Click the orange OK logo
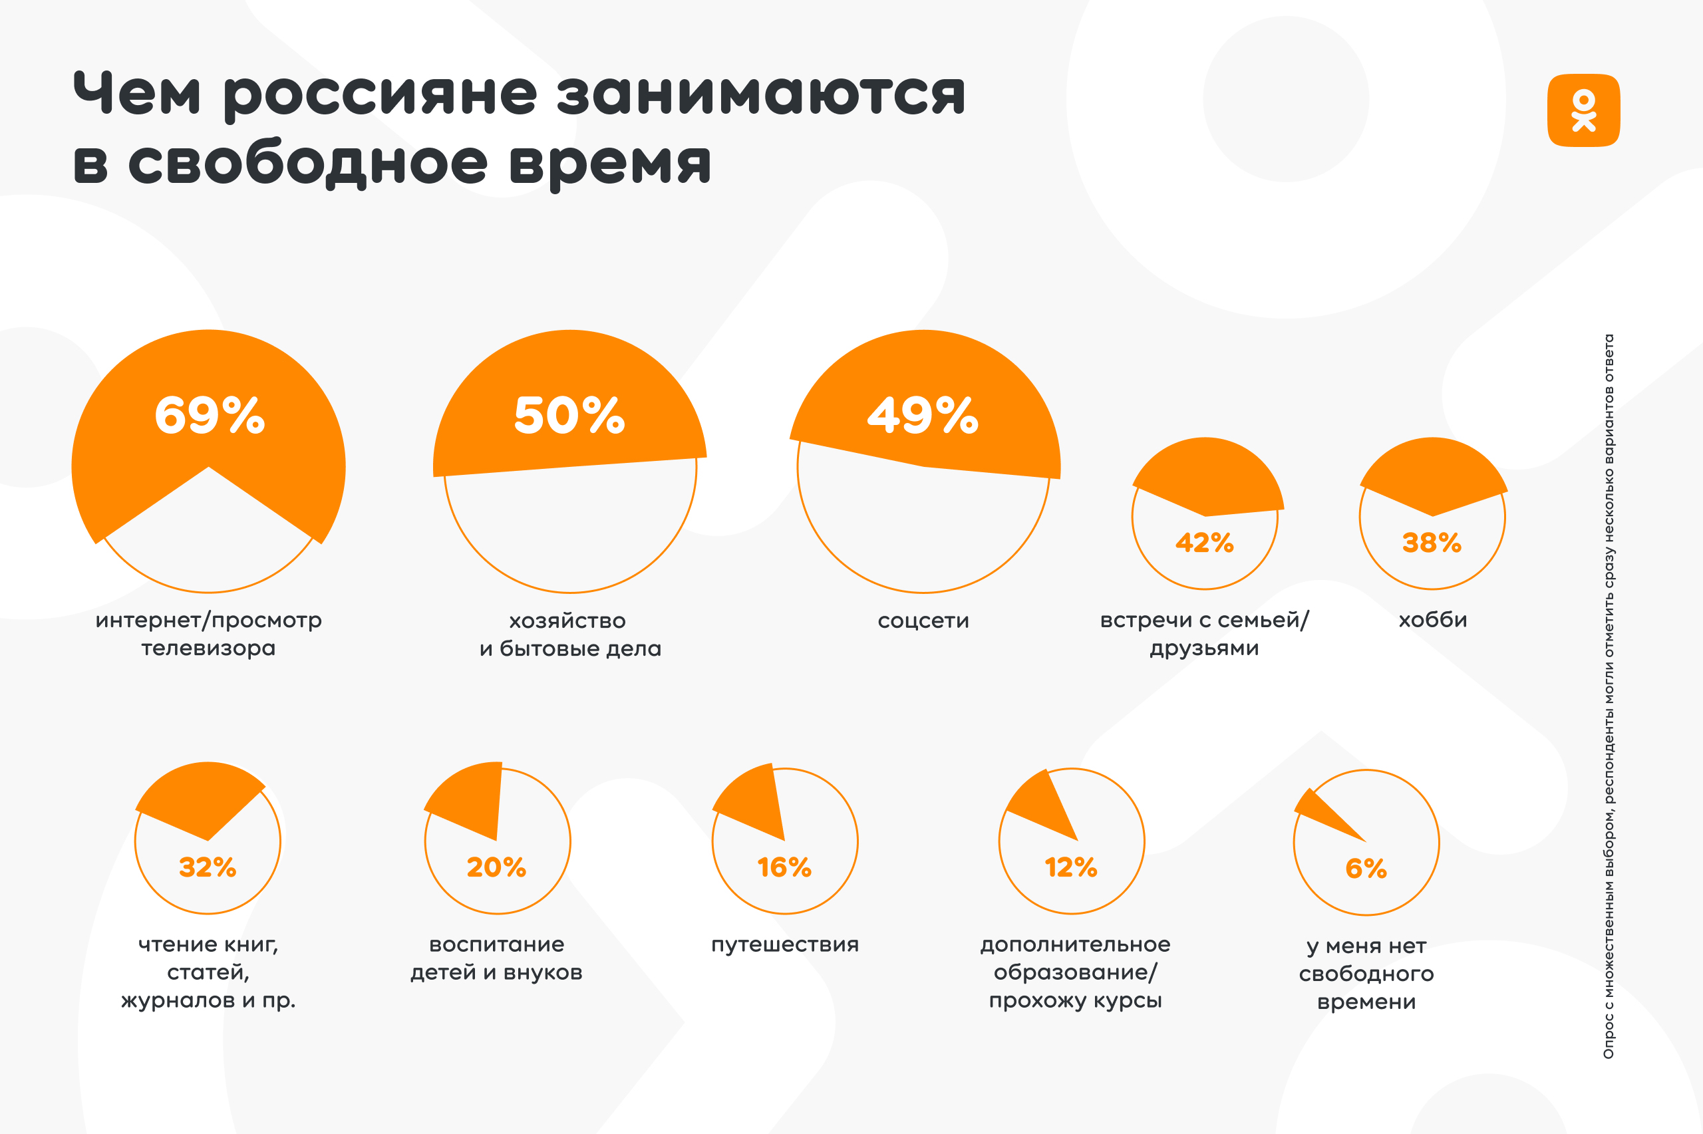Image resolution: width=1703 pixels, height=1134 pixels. click(x=1583, y=110)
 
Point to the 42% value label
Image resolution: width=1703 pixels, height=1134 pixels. click(x=1204, y=543)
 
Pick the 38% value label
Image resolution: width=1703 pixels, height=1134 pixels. click(x=1432, y=543)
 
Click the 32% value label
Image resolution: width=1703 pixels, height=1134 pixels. click(x=208, y=867)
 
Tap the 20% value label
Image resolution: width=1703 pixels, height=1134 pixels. click(x=496, y=867)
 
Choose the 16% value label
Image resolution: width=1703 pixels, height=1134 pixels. click(x=784, y=867)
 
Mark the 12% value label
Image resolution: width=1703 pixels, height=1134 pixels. click(x=1071, y=867)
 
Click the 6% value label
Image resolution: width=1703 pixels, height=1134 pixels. click(x=1366, y=869)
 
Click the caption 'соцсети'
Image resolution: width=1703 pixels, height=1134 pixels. click(x=923, y=621)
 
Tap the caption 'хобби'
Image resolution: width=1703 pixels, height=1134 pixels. click(x=1432, y=620)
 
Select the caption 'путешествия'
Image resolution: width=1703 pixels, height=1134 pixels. click(x=784, y=944)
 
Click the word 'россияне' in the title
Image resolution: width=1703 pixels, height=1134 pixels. click(x=381, y=94)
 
